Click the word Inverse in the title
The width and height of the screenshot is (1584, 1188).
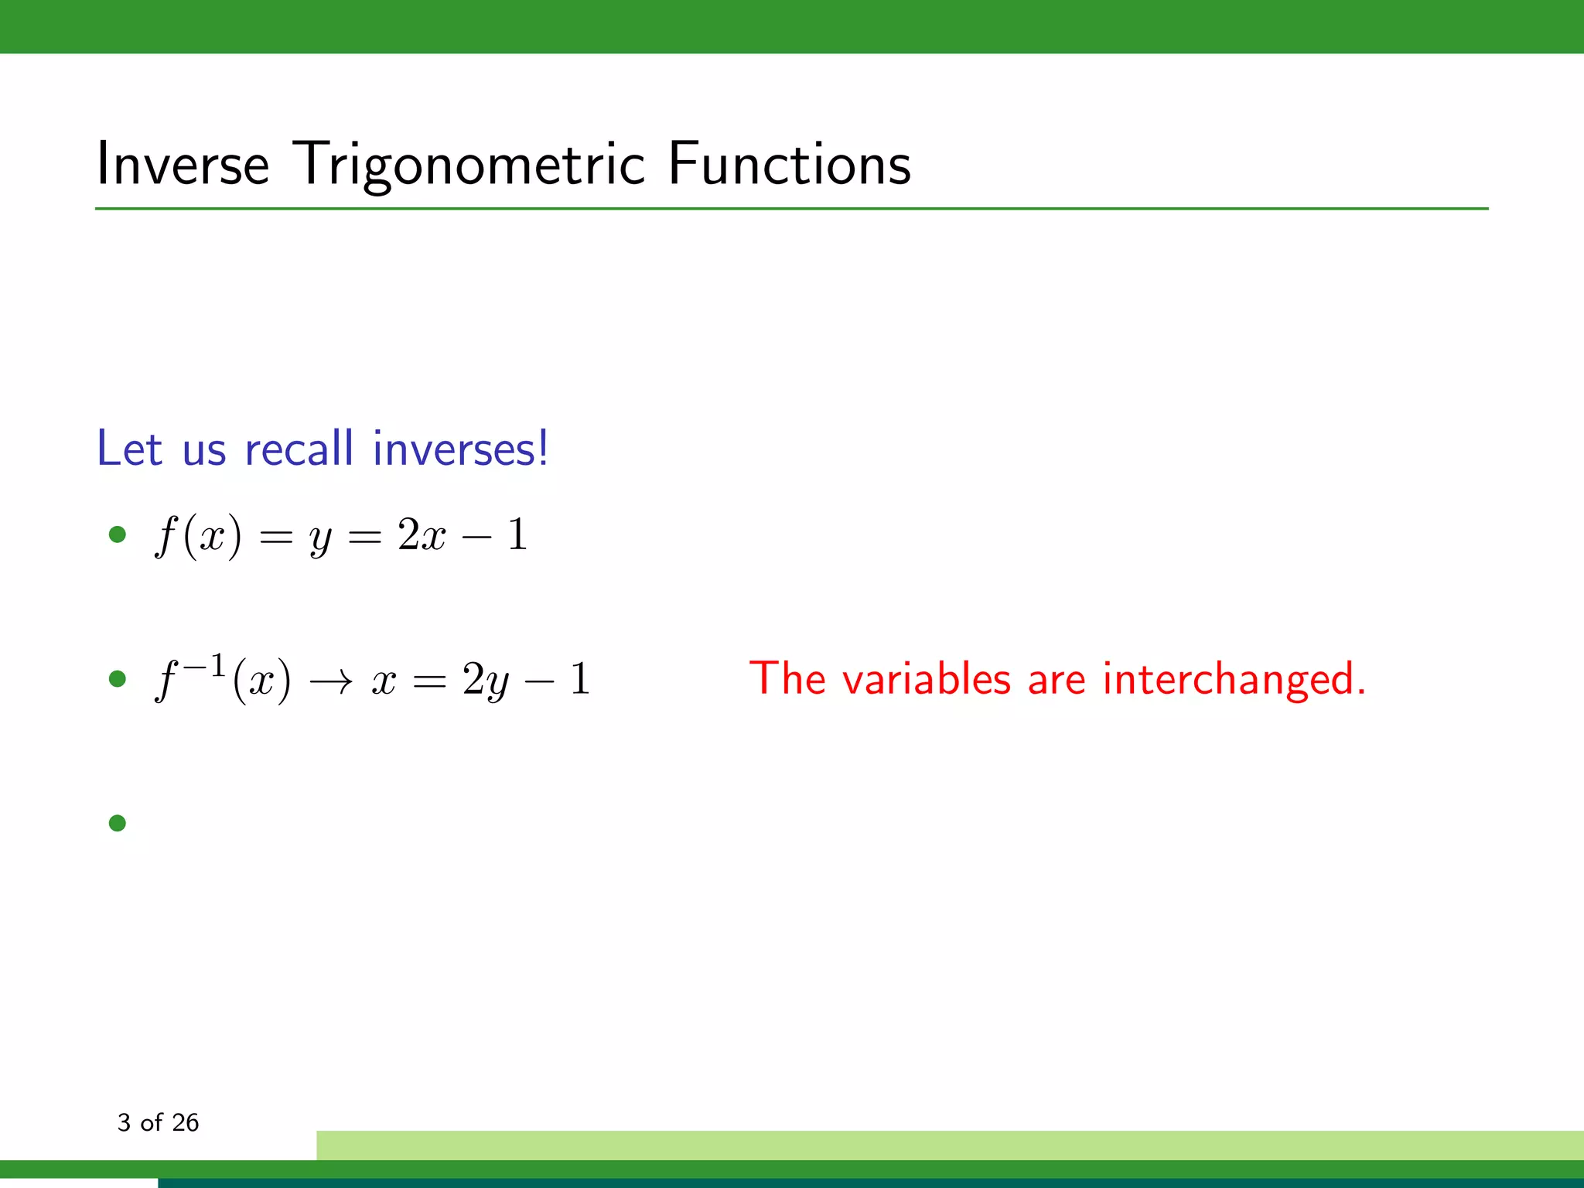(183, 164)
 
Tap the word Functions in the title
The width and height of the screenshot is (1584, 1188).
(789, 164)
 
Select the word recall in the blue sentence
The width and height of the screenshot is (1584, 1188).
(299, 449)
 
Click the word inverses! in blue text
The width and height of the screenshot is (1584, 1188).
(460, 449)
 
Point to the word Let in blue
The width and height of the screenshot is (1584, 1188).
(129, 449)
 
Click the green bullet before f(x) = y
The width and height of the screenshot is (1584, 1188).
(118, 534)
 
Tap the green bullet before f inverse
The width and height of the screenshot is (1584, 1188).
(118, 679)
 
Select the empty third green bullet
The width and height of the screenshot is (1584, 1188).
(118, 823)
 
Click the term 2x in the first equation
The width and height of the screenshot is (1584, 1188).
(422, 535)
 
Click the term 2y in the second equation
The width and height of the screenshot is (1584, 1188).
(486, 681)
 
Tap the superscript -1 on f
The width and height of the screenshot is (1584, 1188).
(203, 665)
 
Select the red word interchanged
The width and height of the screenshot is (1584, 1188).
(1234, 679)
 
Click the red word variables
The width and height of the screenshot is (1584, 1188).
(926, 679)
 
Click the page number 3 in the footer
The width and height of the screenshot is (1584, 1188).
(124, 1122)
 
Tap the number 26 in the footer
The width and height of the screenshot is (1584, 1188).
(185, 1122)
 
